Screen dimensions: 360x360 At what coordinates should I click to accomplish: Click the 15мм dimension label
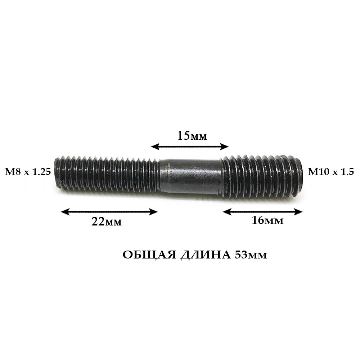coord(192,136)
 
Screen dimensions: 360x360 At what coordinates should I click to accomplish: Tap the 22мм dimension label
coord(107,221)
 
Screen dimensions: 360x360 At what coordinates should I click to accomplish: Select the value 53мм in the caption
coord(251,255)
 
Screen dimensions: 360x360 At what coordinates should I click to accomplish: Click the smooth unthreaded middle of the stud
coord(190,177)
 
